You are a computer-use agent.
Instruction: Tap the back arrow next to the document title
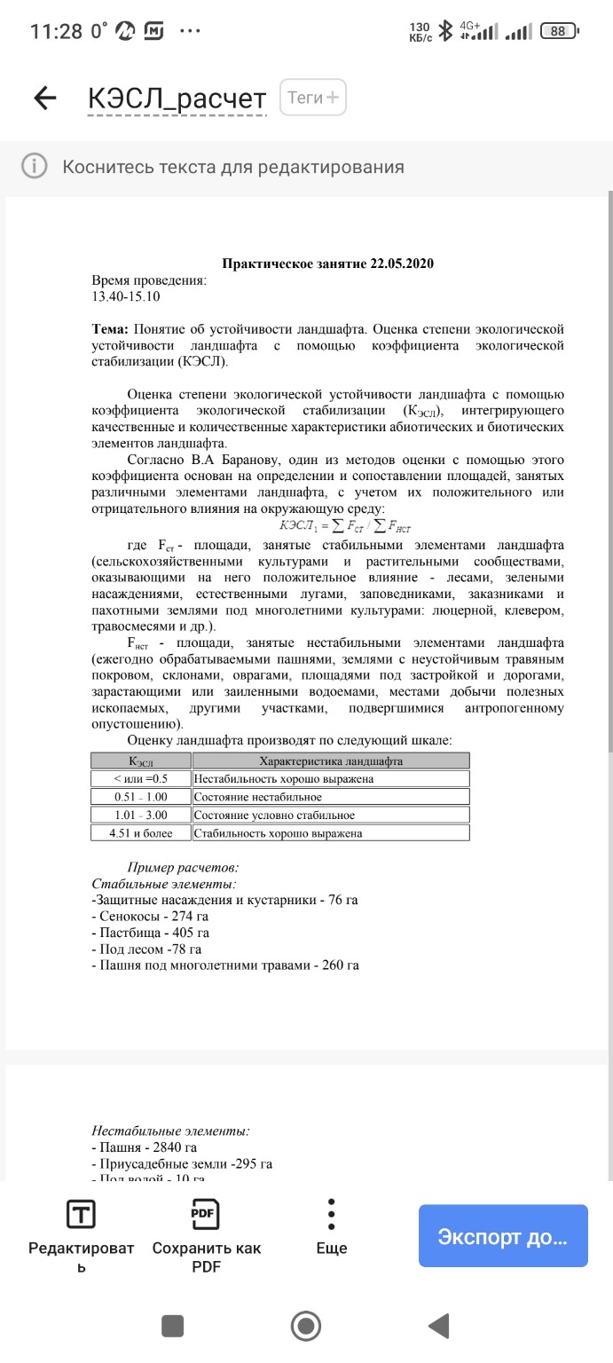tap(45, 98)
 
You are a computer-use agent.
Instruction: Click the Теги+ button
tap(313, 98)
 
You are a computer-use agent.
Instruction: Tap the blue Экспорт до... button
tap(503, 1236)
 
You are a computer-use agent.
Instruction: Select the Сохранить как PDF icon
tap(206, 1214)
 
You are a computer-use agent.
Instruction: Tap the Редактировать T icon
tap(82, 1214)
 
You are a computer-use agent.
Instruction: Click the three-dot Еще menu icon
tap(331, 1214)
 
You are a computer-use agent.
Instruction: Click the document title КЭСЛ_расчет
tap(177, 99)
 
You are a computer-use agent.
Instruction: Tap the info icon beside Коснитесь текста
tap(34, 167)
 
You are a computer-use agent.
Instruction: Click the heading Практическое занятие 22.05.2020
tap(327, 264)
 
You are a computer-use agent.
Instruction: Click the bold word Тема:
tap(111, 329)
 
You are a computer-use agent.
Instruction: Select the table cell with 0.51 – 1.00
tap(141, 797)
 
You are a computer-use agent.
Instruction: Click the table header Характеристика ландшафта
tap(331, 761)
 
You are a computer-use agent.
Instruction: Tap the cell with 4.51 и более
tap(141, 833)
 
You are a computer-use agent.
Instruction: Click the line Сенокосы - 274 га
tap(148, 917)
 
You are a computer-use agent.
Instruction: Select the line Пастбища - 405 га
tap(150, 933)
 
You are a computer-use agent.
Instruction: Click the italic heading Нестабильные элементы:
tap(170, 1131)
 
